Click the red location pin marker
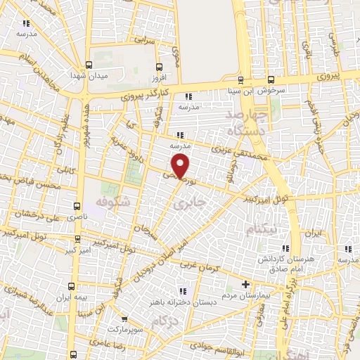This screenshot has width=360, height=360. pyautogui.click(x=181, y=166)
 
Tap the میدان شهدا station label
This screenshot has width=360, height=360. pyautogui.click(x=87, y=75)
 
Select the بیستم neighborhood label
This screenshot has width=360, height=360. pyautogui.click(x=263, y=230)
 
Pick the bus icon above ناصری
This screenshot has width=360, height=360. pyautogui.click(x=77, y=207)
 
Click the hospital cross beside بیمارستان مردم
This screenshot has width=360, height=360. pyautogui.click(x=245, y=284)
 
